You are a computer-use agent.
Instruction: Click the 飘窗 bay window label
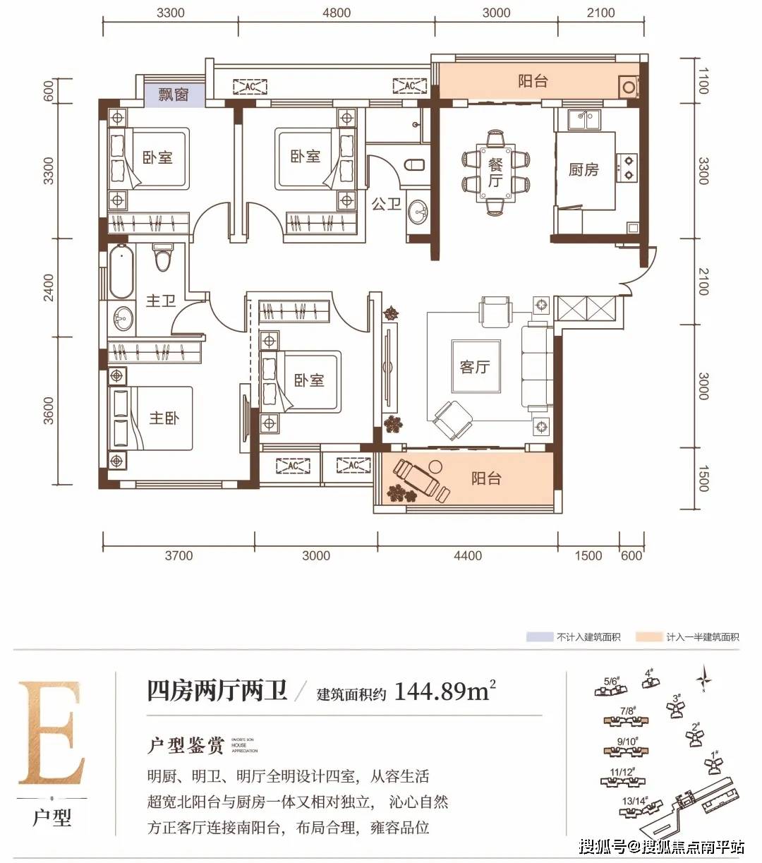click(x=173, y=94)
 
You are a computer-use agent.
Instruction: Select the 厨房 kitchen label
click(x=583, y=169)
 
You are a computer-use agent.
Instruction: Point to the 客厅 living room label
click(x=474, y=367)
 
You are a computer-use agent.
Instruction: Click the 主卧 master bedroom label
click(x=164, y=418)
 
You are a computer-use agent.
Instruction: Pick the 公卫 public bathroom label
click(x=386, y=204)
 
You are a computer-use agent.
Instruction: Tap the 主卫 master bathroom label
click(x=160, y=301)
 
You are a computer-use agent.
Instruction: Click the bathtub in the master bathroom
click(x=121, y=272)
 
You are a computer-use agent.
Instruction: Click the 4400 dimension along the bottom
click(x=467, y=555)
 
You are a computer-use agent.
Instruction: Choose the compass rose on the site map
click(x=703, y=678)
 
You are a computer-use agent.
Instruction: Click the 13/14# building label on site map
click(x=634, y=801)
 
